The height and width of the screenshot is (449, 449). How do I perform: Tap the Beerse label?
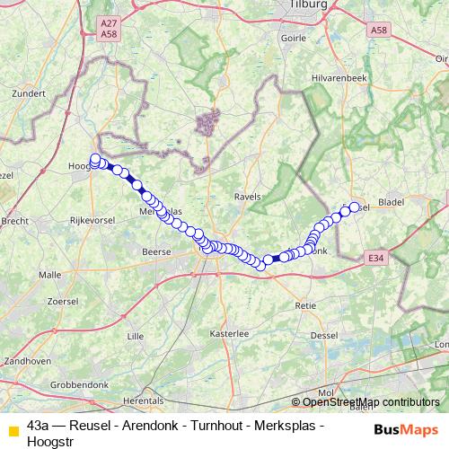pyautogui.click(x=156, y=253)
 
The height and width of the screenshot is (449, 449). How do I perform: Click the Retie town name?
pyautogui.click(x=306, y=306)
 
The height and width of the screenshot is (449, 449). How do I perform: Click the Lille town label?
pyautogui.click(x=136, y=336)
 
